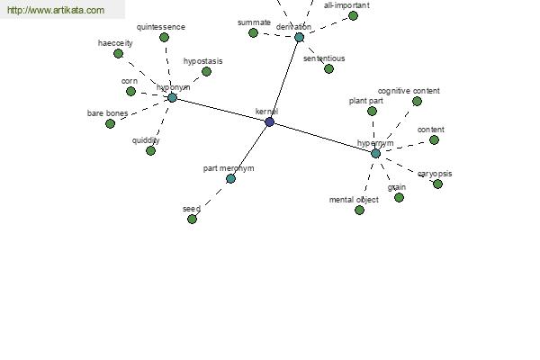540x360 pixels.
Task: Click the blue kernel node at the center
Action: (x=270, y=121)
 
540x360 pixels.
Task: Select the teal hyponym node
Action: (x=172, y=97)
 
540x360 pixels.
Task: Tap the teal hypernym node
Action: (x=375, y=153)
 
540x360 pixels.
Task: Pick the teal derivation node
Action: (x=300, y=37)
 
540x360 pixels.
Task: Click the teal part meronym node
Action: (x=230, y=178)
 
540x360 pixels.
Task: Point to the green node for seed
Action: (x=193, y=219)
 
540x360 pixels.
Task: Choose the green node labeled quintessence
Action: (x=165, y=37)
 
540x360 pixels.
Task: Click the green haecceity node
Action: (x=118, y=53)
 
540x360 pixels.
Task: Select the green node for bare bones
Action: (x=110, y=123)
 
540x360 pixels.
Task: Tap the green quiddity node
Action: (x=150, y=150)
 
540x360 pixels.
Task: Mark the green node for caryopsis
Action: (x=437, y=184)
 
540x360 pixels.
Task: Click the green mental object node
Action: (x=359, y=210)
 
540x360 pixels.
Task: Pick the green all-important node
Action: (x=353, y=15)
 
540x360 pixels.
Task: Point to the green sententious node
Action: (x=328, y=68)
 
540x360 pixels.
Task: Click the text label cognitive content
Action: (x=409, y=91)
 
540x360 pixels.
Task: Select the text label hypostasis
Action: (x=202, y=61)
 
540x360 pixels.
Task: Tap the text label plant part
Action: (x=365, y=101)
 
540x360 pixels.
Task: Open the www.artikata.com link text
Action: (x=56, y=10)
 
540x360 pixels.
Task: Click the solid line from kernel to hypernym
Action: (x=323, y=138)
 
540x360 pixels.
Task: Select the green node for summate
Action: (x=253, y=32)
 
